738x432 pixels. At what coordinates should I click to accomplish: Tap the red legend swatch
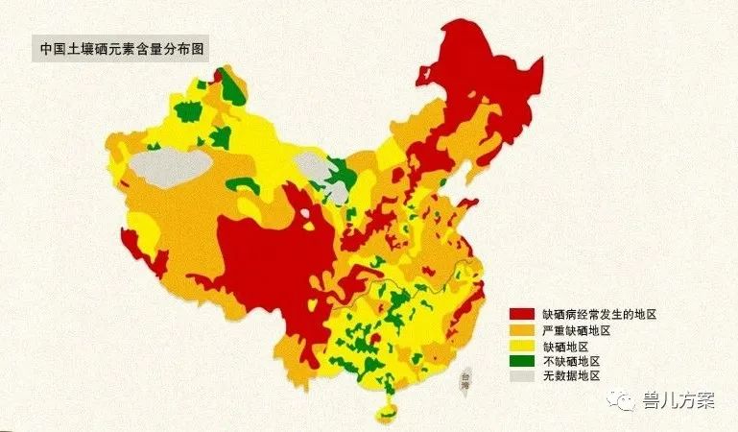pos(522,315)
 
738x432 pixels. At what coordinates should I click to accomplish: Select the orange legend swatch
pos(522,330)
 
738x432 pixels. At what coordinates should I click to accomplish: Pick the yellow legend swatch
pos(522,346)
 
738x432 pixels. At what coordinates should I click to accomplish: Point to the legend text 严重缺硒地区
pos(576,330)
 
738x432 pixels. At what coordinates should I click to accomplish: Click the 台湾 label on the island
pos(467,377)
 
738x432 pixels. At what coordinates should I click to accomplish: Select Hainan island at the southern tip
pos(386,414)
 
